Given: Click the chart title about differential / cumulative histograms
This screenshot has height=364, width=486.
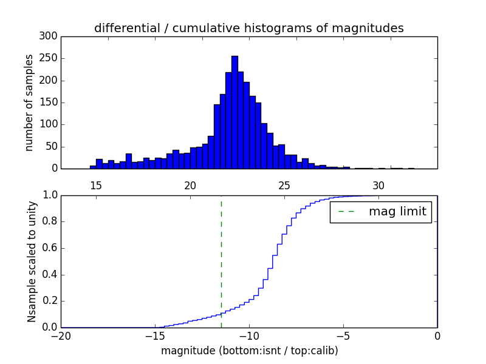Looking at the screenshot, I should pyautogui.click(x=248, y=28).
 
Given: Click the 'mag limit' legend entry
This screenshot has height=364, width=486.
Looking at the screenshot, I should pyautogui.click(x=381, y=212).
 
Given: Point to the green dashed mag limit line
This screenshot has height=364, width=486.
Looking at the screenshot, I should pyautogui.click(x=221, y=261).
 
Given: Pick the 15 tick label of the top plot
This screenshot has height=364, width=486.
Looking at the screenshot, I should pyautogui.click(x=96, y=186).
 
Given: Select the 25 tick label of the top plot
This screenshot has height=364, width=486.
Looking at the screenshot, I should pyautogui.click(x=284, y=186).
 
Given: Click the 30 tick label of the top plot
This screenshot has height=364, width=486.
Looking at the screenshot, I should pyautogui.click(x=378, y=186).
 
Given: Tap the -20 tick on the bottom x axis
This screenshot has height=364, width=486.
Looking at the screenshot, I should pyautogui.click(x=61, y=336).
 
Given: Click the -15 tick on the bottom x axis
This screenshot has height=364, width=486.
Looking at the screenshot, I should pyautogui.click(x=155, y=336).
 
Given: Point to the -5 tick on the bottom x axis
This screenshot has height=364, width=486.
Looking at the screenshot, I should pyautogui.click(x=343, y=336).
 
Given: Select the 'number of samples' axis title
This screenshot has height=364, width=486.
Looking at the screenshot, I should pyautogui.click(x=29, y=103).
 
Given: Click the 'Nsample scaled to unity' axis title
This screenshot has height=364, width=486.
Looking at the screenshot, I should pyautogui.click(x=32, y=261).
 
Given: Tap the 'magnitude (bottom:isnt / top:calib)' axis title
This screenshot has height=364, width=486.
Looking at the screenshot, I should pyautogui.click(x=249, y=351).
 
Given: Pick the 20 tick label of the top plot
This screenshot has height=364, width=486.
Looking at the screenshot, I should pyautogui.click(x=190, y=186).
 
